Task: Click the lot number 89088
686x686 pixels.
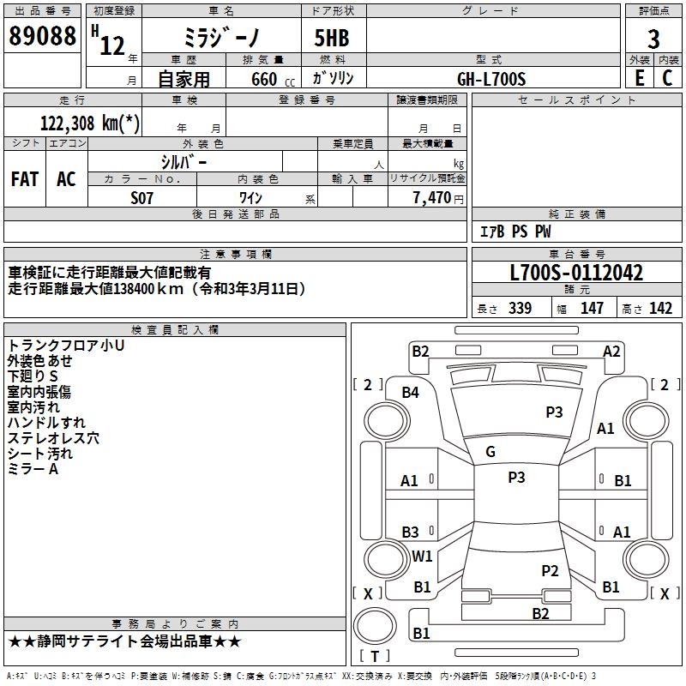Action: click(42, 35)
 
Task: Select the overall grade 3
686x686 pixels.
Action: click(653, 39)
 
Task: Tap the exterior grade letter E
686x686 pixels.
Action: click(639, 78)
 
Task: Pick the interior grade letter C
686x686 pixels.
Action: click(667, 78)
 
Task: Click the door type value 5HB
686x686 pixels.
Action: click(332, 38)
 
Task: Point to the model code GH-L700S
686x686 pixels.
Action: click(491, 79)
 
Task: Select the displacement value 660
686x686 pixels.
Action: click(264, 79)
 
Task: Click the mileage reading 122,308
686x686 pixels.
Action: click(68, 123)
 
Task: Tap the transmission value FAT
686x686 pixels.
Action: click(25, 179)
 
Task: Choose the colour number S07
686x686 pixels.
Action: click(141, 198)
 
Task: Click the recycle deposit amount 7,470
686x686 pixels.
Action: click(432, 198)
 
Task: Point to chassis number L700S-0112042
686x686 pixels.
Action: click(576, 273)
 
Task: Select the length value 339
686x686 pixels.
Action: click(521, 308)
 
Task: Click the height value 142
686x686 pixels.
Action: click(660, 308)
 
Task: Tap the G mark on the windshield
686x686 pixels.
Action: click(490, 452)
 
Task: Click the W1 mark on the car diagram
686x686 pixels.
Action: click(422, 556)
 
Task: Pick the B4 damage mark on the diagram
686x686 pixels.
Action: click(411, 393)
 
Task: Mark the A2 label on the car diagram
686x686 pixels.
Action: click(611, 352)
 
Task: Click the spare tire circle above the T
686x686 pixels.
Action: click(375, 625)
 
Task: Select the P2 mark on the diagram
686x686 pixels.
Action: click(550, 571)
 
